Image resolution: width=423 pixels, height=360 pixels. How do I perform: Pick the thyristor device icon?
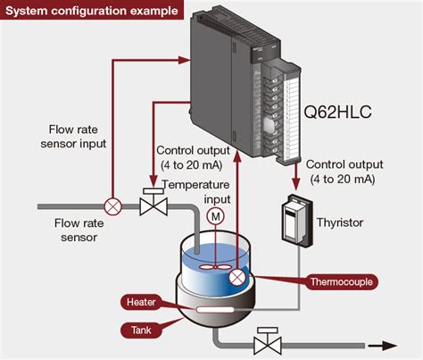tap(292, 220)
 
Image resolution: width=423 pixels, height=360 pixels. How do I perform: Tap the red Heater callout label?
tap(142, 301)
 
